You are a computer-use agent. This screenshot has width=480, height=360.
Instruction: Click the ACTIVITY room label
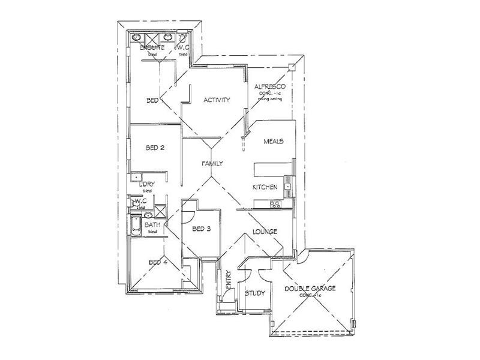216,100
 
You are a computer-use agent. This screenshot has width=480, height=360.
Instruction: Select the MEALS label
273,142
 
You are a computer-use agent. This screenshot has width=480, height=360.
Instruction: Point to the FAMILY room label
212,163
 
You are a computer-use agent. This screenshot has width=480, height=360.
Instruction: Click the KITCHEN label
265,187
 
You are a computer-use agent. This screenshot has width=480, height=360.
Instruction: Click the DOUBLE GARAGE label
310,289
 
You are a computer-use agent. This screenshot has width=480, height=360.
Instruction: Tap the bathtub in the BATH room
136,227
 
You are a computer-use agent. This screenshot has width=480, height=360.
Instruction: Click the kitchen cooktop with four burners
276,205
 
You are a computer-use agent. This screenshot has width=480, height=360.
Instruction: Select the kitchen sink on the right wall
289,187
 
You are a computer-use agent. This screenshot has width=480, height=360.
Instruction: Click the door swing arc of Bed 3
187,208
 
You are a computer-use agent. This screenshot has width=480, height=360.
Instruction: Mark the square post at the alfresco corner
292,67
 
